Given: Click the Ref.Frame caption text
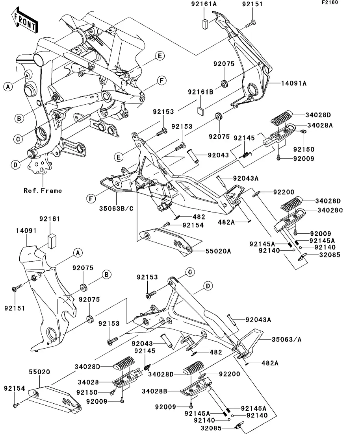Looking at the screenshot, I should click(43, 190).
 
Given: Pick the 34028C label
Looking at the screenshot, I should click(330, 210).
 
